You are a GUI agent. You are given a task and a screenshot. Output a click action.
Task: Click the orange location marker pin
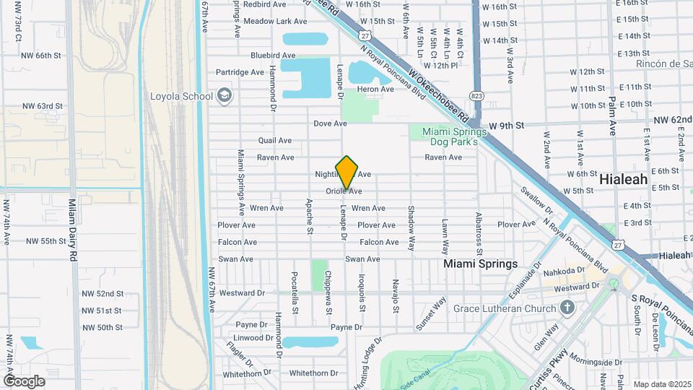coord(347,172)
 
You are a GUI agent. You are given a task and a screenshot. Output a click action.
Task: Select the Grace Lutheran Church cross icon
coord(567,308)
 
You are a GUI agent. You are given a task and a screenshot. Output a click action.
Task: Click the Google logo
coord(24,381)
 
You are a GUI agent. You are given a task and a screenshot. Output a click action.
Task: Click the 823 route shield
coord(476,95)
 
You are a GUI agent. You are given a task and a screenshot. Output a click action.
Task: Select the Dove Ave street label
coord(331,123)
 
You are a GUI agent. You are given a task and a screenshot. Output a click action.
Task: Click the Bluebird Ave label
coord(273,55)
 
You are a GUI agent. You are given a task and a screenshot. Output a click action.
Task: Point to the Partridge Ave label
coord(240,72)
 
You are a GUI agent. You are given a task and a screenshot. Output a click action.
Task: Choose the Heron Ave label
coord(375,90)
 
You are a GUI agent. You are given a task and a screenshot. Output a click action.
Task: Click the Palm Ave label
coord(611,116)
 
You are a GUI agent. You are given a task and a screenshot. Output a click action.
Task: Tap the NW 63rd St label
coord(42,106)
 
